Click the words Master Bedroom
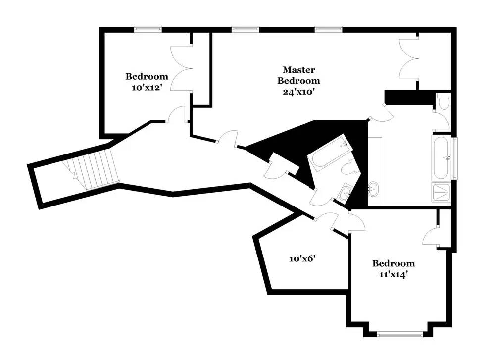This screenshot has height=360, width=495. [298, 75]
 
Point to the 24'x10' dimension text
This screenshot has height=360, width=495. [298, 92]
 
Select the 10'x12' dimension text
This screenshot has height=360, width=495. [147, 88]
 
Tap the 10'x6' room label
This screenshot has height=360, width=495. [303, 259]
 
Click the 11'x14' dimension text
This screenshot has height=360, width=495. [394, 274]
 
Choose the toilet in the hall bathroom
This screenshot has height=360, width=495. [350, 166]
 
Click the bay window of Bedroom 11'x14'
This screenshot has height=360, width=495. [399, 335]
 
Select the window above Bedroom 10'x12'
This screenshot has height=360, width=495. [148, 29]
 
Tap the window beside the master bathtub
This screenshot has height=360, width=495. [455, 158]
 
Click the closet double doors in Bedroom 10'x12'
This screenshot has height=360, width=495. [182, 68]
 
